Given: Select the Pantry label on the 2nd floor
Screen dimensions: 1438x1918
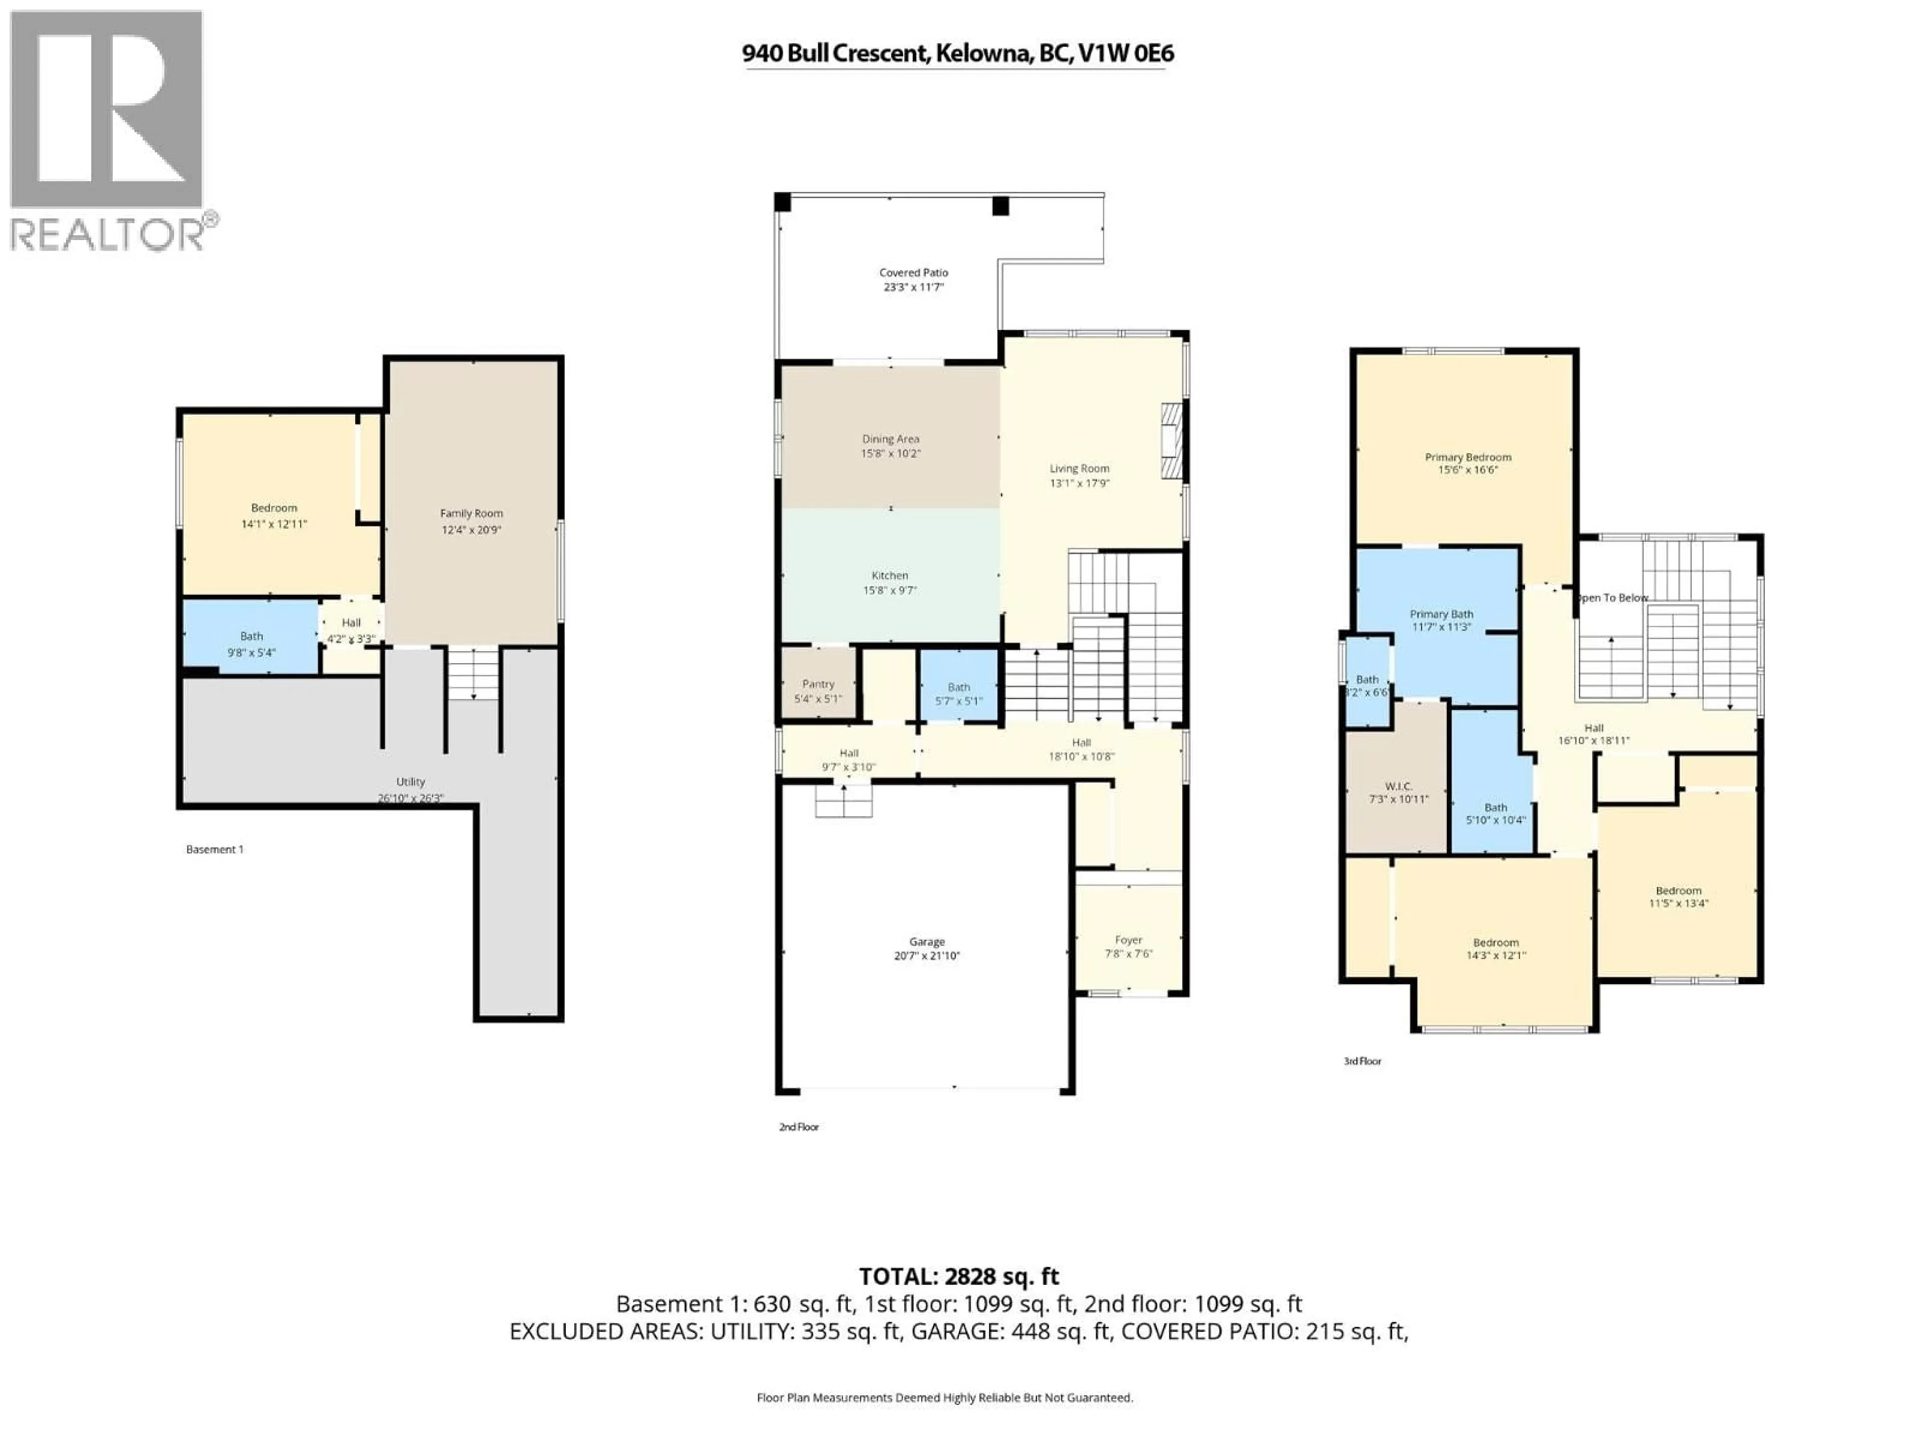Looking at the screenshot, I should pyautogui.click(x=818, y=684).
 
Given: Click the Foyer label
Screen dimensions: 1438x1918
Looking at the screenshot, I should pyautogui.click(x=1128, y=940).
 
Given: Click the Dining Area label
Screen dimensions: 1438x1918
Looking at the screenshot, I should pyautogui.click(x=891, y=439).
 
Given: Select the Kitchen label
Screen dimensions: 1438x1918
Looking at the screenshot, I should pyautogui.click(x=890, y=576).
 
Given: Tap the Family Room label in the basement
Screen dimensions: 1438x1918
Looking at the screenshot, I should pyautogui.click(x=471, y=513).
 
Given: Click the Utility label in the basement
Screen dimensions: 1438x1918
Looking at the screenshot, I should pyautogui.click(x=410, y=782).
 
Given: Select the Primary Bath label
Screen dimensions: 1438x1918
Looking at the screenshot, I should pyautogui.click(x=1441, y=614).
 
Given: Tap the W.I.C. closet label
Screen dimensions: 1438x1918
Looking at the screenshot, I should pyautogui.click(x=1398, y=786).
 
